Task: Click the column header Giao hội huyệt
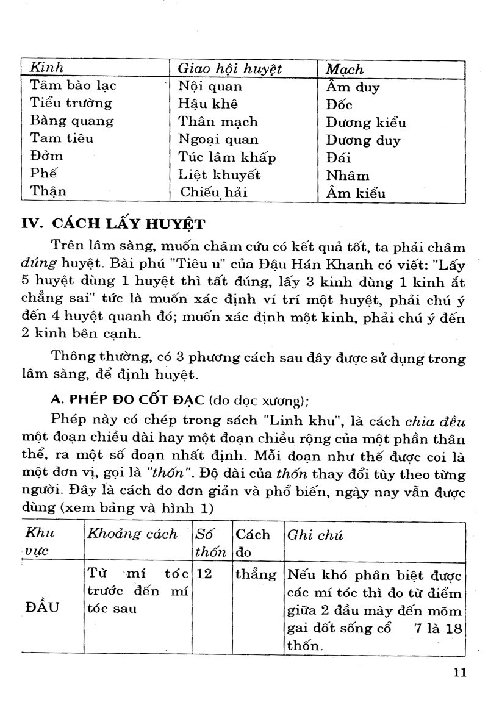(x=229, y=68)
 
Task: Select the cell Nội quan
(x=210, y=86)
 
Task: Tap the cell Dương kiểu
(x=365, y=123)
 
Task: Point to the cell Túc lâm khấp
(x=227, y=157)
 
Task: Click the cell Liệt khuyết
(x=219, y=175)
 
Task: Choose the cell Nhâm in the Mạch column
(x=348, y=176)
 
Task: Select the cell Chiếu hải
(x=217, y=193)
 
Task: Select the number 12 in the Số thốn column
(x=205, y=574)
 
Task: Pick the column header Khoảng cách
(x=132, y=534)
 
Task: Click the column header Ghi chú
(x=315, y=535)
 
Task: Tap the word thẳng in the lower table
(x=256, y=574)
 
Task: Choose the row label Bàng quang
(x=72, y=121)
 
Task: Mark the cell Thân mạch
(x=218, y=122)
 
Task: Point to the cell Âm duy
(x=353, y=87)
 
